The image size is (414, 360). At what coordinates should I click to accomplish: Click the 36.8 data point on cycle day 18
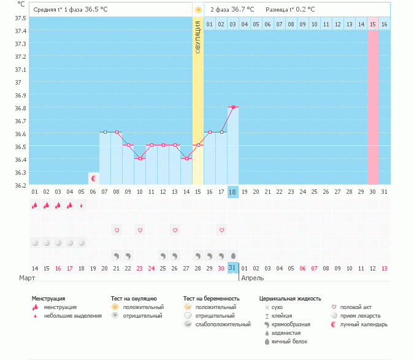point(233,107)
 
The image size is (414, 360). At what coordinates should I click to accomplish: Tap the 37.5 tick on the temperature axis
point(20,17)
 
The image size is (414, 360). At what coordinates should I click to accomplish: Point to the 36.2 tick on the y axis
point(20,185)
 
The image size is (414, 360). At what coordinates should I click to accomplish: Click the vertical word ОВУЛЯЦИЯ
point(197,37)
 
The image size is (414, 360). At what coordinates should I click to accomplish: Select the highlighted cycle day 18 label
point(232,192)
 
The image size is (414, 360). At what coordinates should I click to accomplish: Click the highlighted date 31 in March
point(232,268)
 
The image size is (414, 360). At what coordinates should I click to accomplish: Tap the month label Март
point(27,278)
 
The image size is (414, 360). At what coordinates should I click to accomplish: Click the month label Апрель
point(253,278)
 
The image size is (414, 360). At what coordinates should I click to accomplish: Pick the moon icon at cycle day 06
point(94,178)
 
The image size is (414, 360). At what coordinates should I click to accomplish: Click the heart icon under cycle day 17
point(221,230)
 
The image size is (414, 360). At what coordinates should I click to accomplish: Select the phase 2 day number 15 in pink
point(372,24)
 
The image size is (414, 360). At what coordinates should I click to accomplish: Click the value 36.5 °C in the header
point(110,10)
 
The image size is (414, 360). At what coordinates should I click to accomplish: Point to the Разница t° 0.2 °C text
point(290,10)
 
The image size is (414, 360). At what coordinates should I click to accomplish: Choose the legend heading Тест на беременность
point(212,299)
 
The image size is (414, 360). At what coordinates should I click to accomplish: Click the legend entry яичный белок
point(289,342)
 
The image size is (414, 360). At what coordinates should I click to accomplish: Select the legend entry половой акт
point(355,307)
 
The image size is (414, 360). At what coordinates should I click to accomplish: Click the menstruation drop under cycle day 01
point(34,205)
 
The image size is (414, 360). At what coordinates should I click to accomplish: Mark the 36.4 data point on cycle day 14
point(186,158)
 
